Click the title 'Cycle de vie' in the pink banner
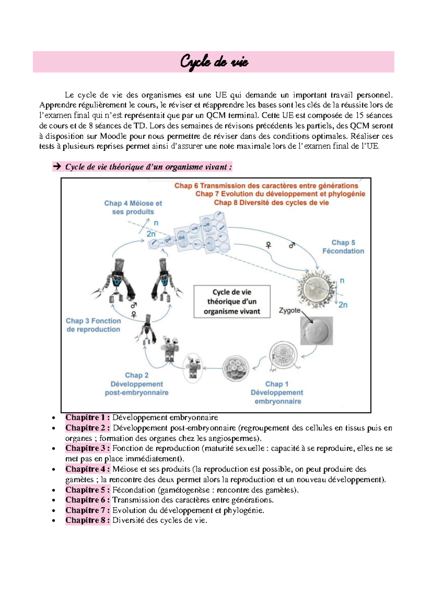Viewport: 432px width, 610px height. pos(214,62)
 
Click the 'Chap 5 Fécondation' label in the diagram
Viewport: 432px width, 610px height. pos(343,247)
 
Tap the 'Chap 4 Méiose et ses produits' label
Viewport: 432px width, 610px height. pos(133,208)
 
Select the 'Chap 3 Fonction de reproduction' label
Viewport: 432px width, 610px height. pos(93,325)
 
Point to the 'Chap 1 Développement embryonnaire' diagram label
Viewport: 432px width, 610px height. pos(277,393)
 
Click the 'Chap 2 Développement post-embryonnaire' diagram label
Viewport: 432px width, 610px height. pos(137,384)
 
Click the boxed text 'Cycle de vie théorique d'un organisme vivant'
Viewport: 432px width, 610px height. pos(232,302)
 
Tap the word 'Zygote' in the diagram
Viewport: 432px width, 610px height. pos(289,310)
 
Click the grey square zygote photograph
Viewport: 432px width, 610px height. pos(316,331)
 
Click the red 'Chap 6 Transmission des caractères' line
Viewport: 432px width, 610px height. pos(266,186)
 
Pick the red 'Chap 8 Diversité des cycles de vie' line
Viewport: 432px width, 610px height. pos(271,202)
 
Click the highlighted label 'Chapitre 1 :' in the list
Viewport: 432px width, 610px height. pos(87,418)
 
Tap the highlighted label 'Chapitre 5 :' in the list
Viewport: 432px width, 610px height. pos(87,490)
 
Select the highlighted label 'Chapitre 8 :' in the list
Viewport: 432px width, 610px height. pos(87,520)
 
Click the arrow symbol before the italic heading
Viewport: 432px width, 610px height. pos(57,167)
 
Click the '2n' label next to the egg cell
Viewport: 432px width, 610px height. pos(343,305)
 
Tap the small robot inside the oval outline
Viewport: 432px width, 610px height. pos(193,368)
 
